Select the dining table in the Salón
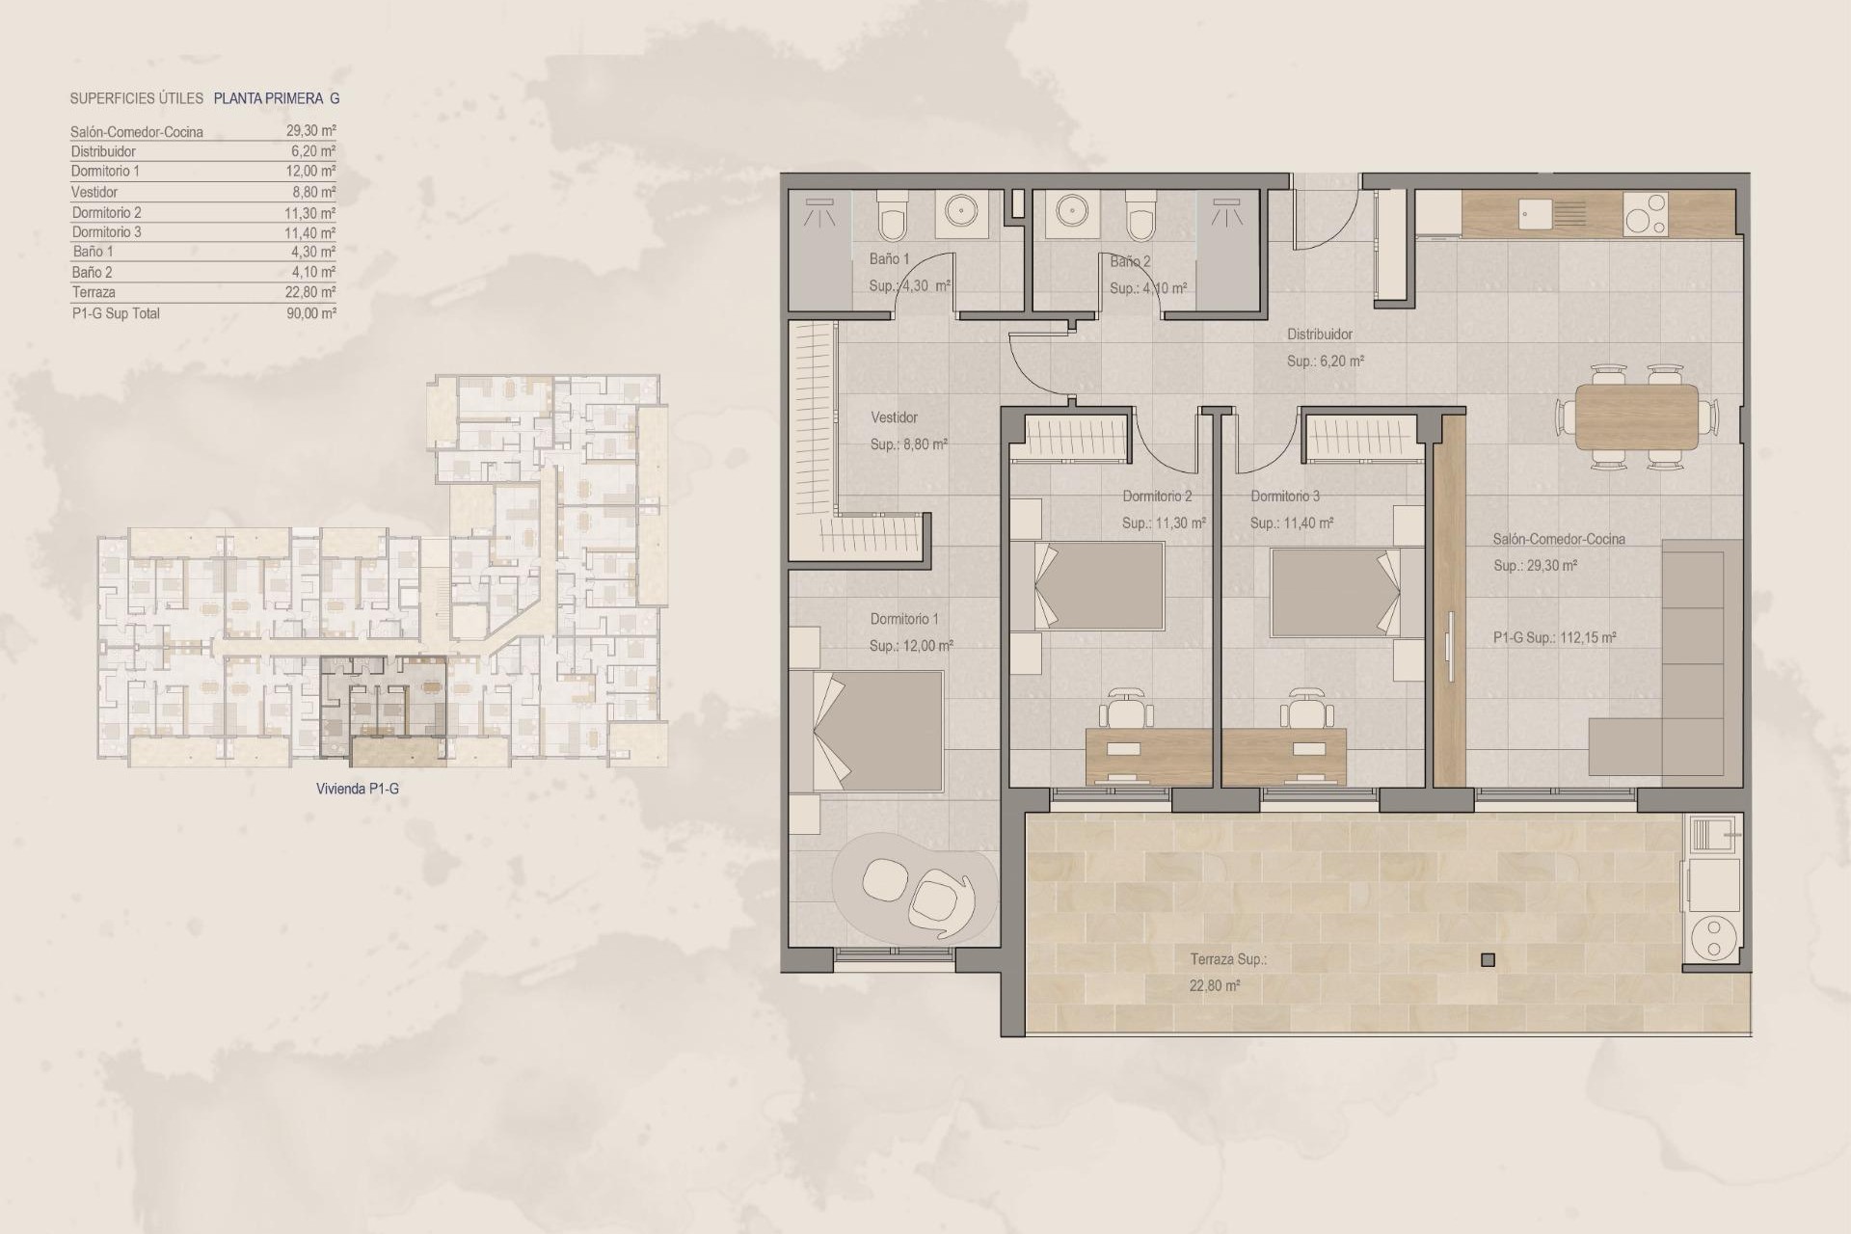pyautogui.click(x=1636, y=416)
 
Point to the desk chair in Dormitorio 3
pyautogui.click(x=1305, y=712)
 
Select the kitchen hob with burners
pyautogui.click(x=1645, y=214)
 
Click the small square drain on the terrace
pyautogui.click(x=1488, y=960)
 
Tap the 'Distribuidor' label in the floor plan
pyautogui.click(x=1320, y=335)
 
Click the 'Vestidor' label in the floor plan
pyautogui.click(x=894, y=417)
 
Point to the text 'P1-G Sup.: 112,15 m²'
pyautogui.click(x=1554, y=637)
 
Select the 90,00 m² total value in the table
pyautogui.click(x=310, y=313)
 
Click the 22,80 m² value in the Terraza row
pyautogui.click(x=310, y=292)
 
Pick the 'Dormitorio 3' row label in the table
pyautogui.click(x=106, y=232)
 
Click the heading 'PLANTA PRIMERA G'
pyautogui.click(x=276, y=98)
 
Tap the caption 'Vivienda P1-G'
pyautogui.click(x=357, y=789)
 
